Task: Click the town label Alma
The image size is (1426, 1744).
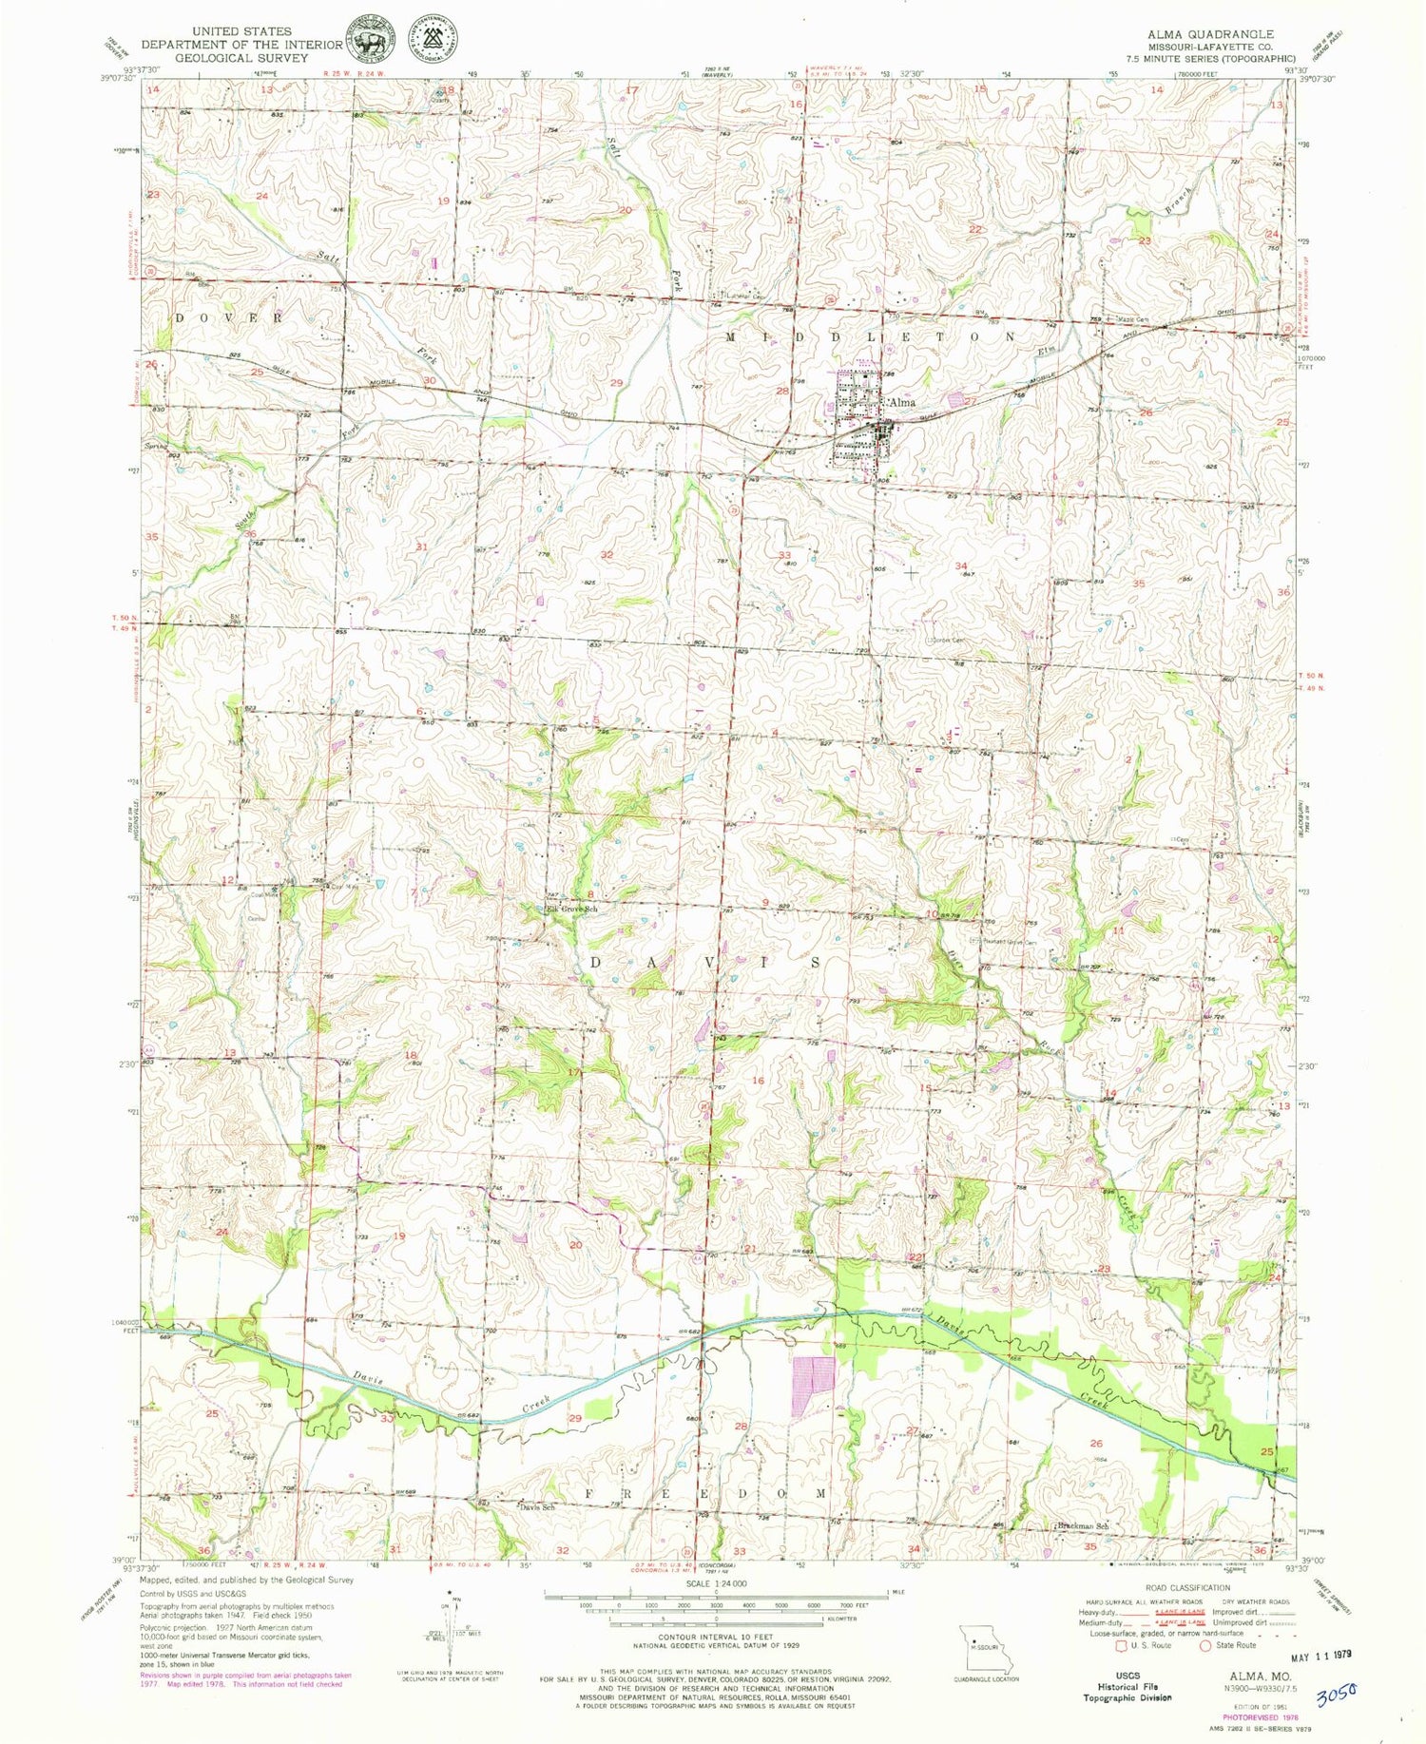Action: tap(901, 403)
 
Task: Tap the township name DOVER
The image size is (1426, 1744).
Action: tap(227, 317)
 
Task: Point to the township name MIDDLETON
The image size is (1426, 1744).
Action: tap(871, 337)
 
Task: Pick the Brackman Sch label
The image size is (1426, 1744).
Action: tap(1082, 1527)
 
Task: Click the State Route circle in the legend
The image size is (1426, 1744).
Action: tap(1205, 1645)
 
